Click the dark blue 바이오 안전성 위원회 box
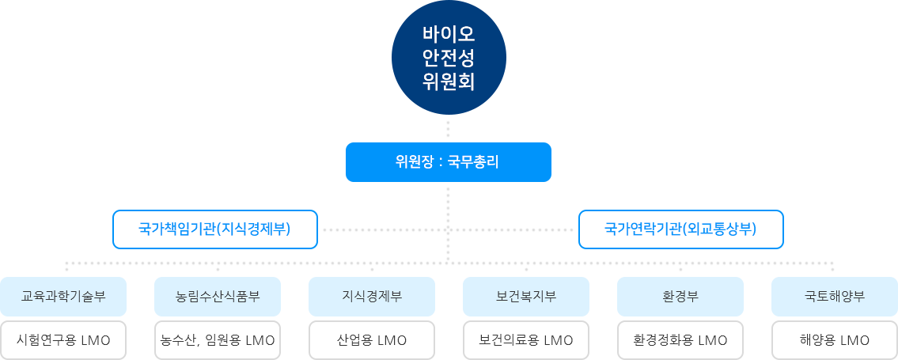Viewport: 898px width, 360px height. [x=448, y=58]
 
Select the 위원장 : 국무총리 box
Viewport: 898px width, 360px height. [x=448, y=161]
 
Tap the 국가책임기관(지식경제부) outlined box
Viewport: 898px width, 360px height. [x=215, y=229]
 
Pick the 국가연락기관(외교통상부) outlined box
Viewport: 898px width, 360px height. [x=681, y=229]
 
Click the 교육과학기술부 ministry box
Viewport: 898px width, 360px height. [x=63, y=297]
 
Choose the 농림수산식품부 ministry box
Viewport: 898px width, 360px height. [x=218, y=297]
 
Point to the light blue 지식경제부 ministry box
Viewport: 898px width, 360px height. [x=372, y=297]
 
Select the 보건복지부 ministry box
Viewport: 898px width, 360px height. [x=525, y=297]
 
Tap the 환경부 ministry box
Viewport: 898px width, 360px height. [x=680, y=297]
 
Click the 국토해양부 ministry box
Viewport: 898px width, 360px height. [x=834, y=297]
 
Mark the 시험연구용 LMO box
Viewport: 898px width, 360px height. [x=63, y=341]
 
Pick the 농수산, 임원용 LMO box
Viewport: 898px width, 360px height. [x=218, y=341]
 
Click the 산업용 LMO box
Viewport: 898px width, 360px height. [x=372, y=341]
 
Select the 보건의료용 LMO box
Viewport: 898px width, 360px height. [x=525, y=341]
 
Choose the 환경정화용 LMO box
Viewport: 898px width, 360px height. [x=680, y=341]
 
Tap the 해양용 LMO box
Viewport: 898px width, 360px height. [x=834, y=341]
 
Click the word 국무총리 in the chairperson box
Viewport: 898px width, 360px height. [x=473, y=162]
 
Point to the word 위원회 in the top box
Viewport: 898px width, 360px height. [x=448, y=82]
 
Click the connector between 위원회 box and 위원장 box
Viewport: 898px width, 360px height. [x=448, y=128]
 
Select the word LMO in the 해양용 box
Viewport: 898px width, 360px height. [x=854, y=341]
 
